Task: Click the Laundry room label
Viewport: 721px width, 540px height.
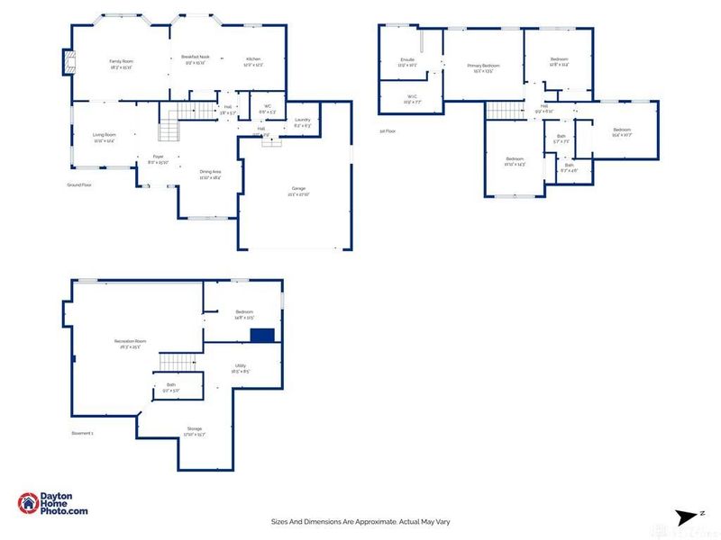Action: coord(302,120)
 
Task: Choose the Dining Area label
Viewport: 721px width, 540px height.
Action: coord(210,171)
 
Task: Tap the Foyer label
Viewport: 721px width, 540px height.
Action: coord(158,157)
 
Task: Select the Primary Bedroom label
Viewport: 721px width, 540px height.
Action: coord(483,66)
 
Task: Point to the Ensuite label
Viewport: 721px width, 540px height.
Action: coord(406,60)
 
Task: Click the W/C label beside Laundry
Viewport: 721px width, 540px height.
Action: coord(267,107)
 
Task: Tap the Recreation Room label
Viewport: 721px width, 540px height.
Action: coord(131,341)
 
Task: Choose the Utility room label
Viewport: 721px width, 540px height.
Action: coord(240,365)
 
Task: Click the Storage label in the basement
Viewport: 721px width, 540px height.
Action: coord(195,428)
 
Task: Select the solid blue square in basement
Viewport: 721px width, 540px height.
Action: coord(262,335)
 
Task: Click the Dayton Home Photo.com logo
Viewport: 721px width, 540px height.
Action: coord(54,504)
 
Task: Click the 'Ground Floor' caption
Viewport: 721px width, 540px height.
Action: coord(79,184)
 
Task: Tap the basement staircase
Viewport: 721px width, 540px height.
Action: coord(178,362)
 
